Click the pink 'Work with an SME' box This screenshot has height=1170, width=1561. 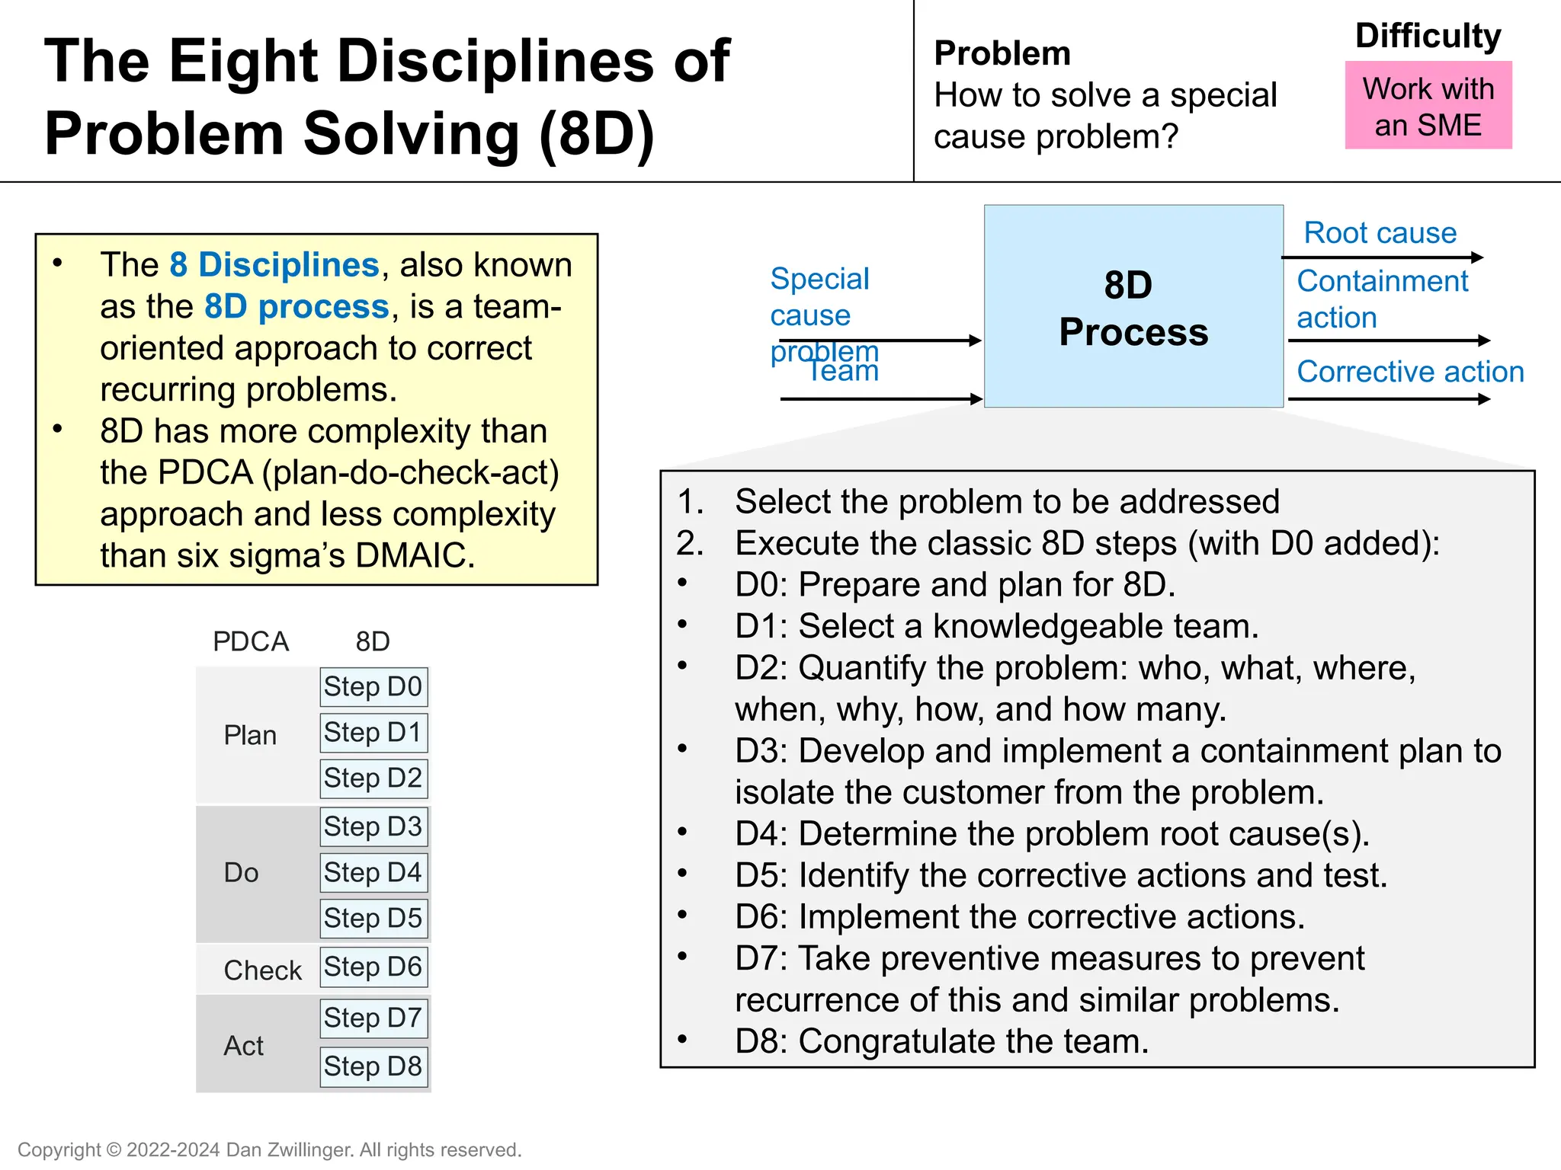coord(1428,106)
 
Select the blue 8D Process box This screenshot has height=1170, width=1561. coord(1133,306)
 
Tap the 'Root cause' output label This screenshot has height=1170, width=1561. coord(1380,233)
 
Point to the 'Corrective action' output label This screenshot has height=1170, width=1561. coord(1410,372)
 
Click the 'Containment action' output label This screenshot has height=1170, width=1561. coord(1381,299)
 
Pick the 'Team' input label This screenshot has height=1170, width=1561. coord(843,372)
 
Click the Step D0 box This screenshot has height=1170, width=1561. coord(373,687)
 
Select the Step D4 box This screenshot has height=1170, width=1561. coord(373,873)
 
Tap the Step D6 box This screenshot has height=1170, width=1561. coord(373,967)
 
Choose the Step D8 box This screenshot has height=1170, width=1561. coord(373,1066)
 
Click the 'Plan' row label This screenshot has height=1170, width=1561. coord(250,736)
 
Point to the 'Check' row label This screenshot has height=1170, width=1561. coord(262,970)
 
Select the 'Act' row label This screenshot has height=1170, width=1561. coord(243,1047)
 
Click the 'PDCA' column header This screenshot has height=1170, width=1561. coord(251,642)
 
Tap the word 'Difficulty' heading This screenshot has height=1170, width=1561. coord(1428,37)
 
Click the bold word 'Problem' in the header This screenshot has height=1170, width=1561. coord(1002,54)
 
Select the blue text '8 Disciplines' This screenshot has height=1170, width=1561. coord(274,265)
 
